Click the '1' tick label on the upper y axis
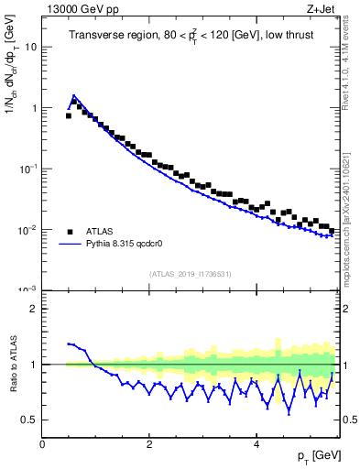(33, 108)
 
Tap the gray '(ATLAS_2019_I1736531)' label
(190, 274)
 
